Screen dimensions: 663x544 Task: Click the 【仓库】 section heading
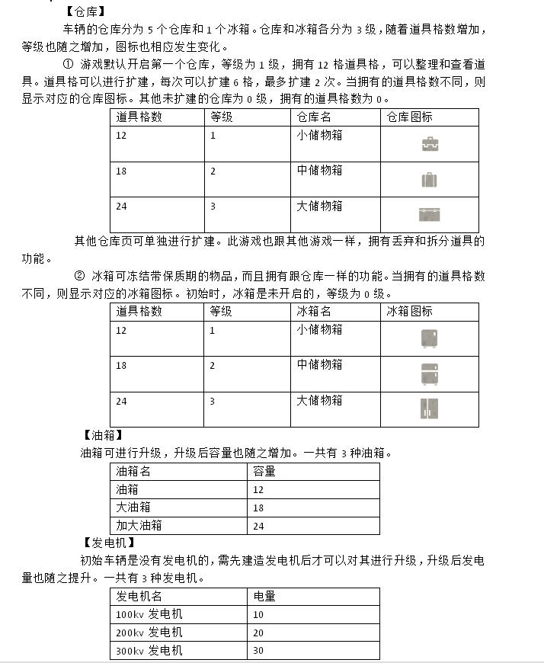click(85, 11)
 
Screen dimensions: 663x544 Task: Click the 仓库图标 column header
click(409, 117)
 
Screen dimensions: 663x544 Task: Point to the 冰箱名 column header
click(314, 312)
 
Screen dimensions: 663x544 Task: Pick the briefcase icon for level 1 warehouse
click(430, 144)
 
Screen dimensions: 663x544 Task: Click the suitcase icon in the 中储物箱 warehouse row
click(430, 180)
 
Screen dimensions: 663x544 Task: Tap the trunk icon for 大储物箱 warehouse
click(430, 214)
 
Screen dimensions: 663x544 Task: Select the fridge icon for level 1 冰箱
click(430, 338)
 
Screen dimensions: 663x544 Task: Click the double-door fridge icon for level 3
click(430, 408)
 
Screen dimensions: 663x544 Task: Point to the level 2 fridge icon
click(430, 373)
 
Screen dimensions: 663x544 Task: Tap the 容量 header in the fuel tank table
click(264, 472)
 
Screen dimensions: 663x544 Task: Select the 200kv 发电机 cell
click(149, 633)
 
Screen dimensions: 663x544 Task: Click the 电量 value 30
click(258, 651)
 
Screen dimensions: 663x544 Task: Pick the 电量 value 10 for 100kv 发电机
click(258, 614)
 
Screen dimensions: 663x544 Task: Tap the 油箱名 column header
click(133, 472)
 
